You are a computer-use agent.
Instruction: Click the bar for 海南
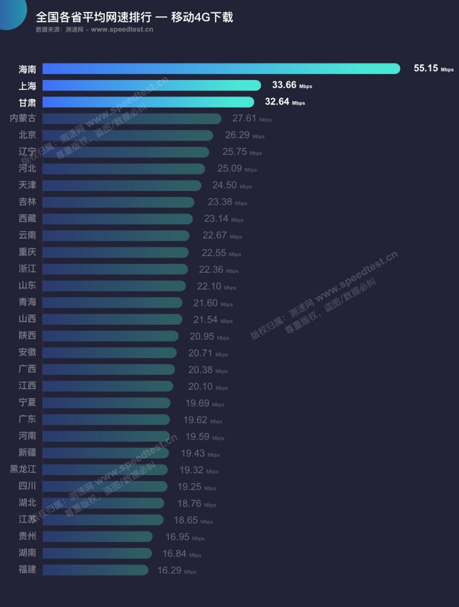pos(221,68)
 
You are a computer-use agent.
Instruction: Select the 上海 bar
pos(151,85)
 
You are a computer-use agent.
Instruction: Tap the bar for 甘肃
pos(148,102)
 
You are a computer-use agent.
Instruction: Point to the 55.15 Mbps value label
pos(433,68)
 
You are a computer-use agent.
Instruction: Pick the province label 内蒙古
pos(23,118)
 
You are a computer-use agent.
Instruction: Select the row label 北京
pos(28,135)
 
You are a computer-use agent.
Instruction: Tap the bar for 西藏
pos(118,219)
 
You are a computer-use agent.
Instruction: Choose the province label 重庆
pos(28,252)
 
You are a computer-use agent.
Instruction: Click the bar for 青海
pos(112,303)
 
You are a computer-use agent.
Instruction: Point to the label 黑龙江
pos(23,469)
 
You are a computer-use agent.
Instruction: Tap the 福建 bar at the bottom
pos(95,570)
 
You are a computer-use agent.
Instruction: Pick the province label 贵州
pos(28,536)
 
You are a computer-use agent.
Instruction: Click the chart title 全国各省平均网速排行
pos(92,17)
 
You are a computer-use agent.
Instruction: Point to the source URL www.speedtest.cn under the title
pos(122,30)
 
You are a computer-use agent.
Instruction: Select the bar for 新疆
pos(106,453)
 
